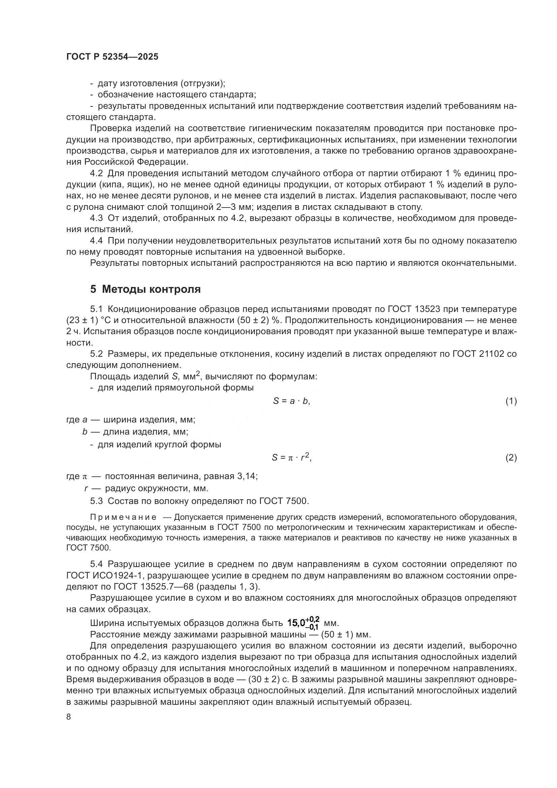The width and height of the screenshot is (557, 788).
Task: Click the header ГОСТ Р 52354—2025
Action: click(112, 57)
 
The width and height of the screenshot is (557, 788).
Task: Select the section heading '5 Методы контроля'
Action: click(145, 289)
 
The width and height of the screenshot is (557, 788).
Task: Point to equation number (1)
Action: click(511, 401)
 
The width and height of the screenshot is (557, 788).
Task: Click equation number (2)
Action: click(511, 458)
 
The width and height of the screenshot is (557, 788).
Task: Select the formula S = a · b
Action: click(292, 401)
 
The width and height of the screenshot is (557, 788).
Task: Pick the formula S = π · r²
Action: click(292, 458)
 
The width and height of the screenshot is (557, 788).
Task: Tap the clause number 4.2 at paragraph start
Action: click(96, 173)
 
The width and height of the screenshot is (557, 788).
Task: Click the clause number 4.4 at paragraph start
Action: click(96, 241)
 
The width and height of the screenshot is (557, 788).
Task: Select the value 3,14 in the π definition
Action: click(246, 476)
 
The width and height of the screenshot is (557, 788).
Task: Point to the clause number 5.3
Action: click(96, 501)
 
